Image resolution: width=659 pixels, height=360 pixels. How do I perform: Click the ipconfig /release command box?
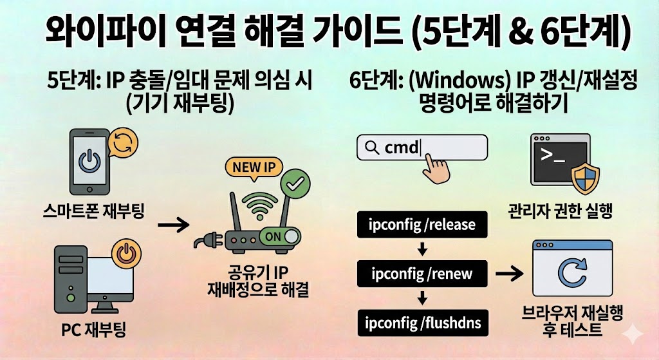[x=422, y=225]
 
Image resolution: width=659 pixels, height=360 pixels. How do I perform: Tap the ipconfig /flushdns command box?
[x=422, y=321]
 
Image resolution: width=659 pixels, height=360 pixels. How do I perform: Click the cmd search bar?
[x=422, y=147]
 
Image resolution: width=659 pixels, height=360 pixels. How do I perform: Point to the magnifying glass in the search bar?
[x=371, y=148]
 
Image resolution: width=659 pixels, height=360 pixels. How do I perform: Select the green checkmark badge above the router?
[x=295, y=184]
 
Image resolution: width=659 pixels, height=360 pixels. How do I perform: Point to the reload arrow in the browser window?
[x=571, y=275]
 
